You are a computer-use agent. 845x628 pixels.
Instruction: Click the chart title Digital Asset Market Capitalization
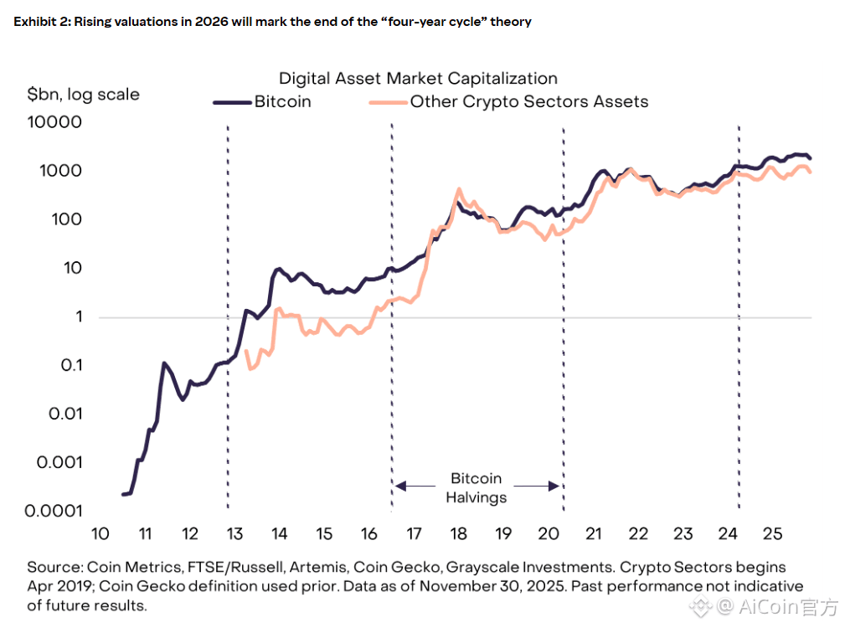418,79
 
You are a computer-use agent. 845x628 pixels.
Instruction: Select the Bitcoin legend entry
282,101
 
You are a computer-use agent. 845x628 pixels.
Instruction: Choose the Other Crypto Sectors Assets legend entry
528,101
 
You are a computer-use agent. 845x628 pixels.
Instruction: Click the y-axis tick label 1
78,317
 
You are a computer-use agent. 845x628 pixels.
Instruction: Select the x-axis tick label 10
100,534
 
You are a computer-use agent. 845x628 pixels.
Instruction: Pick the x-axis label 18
458,534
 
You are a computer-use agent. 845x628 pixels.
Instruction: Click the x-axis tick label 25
772,534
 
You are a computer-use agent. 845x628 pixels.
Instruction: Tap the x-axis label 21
593,534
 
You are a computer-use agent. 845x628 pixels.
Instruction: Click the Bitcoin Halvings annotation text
476,487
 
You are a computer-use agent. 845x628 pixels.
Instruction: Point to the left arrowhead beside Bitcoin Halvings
400,486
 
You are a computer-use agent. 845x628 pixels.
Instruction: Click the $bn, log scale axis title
83,94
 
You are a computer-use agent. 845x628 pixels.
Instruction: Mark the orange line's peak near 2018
459,189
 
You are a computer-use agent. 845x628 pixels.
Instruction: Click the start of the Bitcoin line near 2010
124,494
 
